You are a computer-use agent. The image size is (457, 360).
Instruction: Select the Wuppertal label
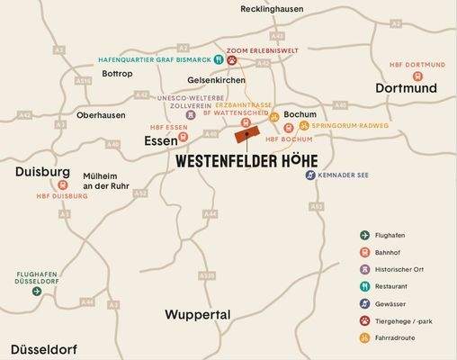198,315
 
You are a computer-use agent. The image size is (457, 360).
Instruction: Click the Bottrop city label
117,74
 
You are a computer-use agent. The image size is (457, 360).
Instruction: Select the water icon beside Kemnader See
309,175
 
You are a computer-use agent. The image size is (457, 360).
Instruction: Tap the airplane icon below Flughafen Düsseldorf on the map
37,291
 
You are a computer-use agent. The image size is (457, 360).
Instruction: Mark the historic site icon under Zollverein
191,115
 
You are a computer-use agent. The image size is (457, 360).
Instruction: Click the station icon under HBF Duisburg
60,184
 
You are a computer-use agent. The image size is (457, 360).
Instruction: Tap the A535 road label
207,275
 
